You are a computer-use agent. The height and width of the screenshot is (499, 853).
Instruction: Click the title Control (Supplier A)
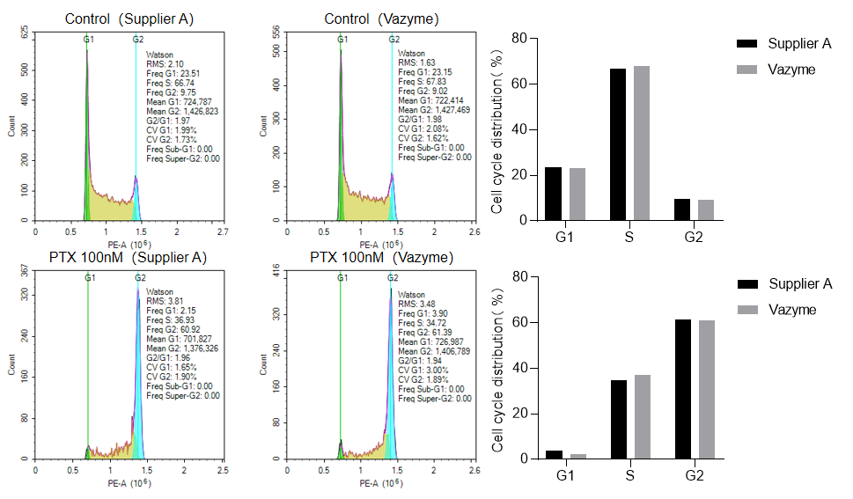coord(129,18)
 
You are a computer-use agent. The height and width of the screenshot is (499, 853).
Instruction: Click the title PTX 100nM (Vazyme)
coord(381,257)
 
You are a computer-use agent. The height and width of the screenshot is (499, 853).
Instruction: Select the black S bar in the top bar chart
coord(618,144)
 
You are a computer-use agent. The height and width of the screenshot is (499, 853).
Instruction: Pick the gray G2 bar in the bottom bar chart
coord(706,390)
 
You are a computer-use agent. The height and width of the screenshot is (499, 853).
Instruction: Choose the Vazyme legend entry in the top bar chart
coord(790,70)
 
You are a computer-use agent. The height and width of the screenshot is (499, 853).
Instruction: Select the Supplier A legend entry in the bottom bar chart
coord(799,283)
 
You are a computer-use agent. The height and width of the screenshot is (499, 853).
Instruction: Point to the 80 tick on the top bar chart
coord(518,39)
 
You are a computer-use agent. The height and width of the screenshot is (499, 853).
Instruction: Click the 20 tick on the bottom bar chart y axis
coord(518,414)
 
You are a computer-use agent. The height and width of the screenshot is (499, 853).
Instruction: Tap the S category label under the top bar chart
coord(629,237)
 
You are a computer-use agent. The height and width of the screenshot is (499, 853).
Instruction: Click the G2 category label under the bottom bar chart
coord(694,476)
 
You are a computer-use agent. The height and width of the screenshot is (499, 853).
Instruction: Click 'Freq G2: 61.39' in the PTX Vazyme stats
coord(424,332)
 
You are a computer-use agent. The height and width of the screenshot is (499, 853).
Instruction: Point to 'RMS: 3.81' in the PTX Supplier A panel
coord(164,302)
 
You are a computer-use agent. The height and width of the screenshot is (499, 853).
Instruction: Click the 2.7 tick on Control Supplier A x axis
coord(223,231)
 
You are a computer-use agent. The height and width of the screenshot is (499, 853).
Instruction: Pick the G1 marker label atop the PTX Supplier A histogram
coord(89,278)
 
